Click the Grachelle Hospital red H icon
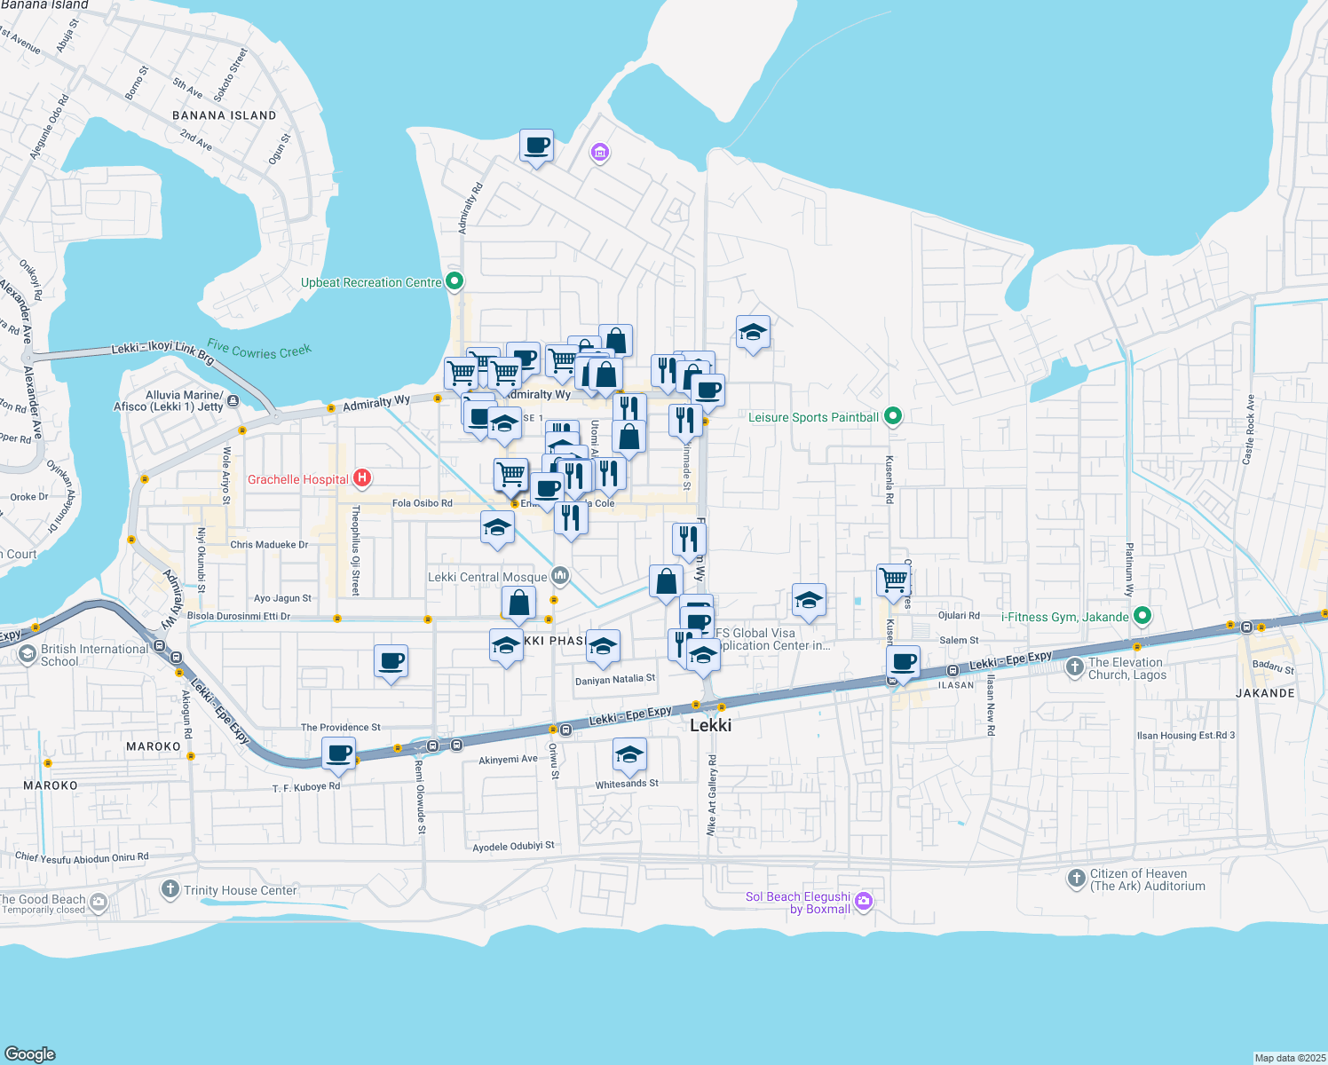point(362,479)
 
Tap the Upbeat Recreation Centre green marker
point(455,282)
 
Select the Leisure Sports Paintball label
point(813,417)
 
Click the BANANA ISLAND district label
point(224,115)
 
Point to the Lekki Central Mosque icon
point(559,577)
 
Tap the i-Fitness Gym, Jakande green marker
point(1142,616)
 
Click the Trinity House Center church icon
point(170,889)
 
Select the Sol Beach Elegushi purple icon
point(864,902)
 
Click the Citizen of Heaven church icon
point(1076,879)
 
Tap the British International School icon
point(28,654)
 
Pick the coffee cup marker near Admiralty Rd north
point(536,146)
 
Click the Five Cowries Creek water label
point(259,351)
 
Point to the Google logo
point(30,1053)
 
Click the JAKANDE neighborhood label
point(1265,693)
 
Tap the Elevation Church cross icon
point(1075,666)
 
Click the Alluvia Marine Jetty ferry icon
point(233,401)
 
